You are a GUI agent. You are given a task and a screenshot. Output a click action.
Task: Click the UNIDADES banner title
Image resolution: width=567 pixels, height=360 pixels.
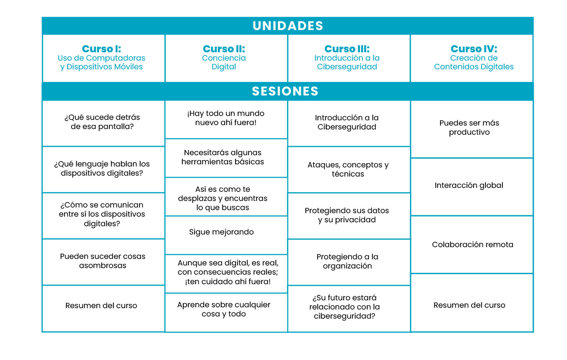(288, 26)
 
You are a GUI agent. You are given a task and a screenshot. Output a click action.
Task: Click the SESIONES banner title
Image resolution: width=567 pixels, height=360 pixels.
(285, 91)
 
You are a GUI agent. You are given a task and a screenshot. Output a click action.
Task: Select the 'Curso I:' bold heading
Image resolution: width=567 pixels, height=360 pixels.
(102, 48)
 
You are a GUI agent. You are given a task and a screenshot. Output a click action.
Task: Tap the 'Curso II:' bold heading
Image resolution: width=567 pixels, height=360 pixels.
(224, 48)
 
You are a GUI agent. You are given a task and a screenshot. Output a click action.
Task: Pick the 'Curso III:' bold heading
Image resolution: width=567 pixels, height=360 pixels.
(347, 48)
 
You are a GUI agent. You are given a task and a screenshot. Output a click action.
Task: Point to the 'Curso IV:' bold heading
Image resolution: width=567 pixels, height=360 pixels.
(474, 48)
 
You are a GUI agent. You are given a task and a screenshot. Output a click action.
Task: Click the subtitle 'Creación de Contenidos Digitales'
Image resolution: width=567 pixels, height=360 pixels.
(474, 62)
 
